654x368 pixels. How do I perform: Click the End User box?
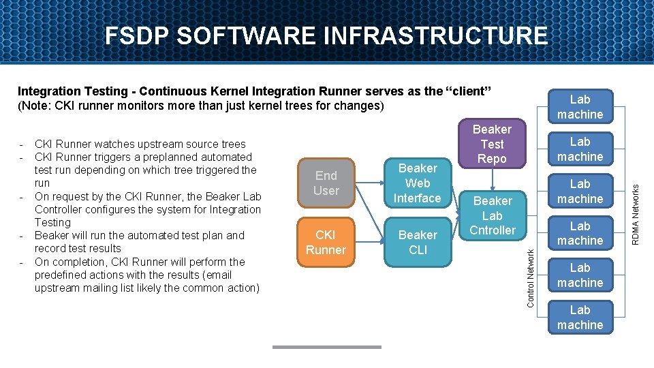[326, 183]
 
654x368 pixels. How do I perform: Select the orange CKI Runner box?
[326, 242]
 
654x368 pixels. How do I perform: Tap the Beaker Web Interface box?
[418, 183]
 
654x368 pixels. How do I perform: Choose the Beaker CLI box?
[418, 242]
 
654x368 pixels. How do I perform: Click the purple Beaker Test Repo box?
[492, 144]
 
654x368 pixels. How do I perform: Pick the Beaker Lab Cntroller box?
[492, 215]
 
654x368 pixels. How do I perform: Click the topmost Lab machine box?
[580, 107]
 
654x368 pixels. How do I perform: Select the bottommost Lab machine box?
[580, 317]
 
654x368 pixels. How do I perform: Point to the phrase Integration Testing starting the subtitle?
[72, 91]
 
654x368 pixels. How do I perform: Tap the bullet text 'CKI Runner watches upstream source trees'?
[140, 144]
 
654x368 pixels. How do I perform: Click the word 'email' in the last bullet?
[218, 275]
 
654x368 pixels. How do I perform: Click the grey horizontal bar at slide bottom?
[326, 347]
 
